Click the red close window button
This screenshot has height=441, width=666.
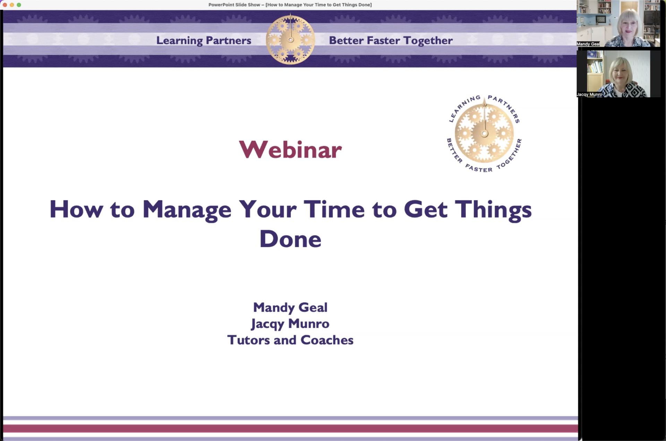pos(5,5)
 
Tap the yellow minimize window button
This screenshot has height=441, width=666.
pos(12,5)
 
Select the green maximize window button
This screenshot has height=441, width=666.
pos(19,5)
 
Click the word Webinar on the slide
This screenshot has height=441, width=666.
pos(290,150)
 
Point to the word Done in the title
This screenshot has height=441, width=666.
pos(290,239)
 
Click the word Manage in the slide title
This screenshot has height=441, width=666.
pos(187,210)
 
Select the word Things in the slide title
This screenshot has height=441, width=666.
pos(493,210)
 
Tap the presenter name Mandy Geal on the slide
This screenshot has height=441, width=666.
pos(290,307)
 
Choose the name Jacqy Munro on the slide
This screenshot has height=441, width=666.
pos(290,324)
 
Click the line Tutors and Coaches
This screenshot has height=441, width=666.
pos(290,340)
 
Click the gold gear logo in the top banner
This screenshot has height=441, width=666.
pos(291,39)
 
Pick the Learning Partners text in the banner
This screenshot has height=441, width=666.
pos(204,41)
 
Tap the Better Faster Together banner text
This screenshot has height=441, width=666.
pos(391,41)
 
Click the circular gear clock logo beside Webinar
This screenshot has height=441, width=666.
pos(484,133)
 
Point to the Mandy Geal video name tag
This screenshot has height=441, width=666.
pos(588,44)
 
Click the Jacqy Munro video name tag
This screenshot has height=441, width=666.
pos(589,94)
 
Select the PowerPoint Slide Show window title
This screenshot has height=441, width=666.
pos(290,5)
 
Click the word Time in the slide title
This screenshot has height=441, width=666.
pos(334,209)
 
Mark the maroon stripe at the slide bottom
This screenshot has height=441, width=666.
pos(290,428)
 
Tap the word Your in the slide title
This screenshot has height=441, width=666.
pos(267,209)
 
